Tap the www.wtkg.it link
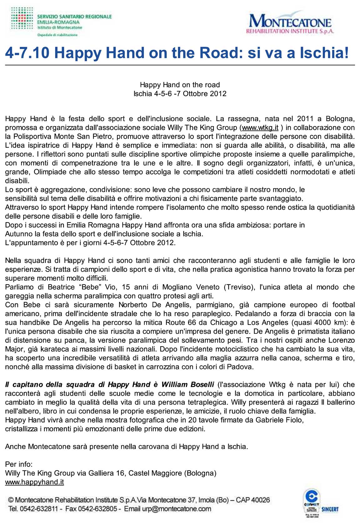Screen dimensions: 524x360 pos(260,128)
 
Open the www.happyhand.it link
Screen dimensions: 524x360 pos(34,482)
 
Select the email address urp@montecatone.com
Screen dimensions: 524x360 pos(176,509)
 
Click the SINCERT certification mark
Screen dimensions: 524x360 pos(330,509)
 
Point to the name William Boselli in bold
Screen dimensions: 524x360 pos(188,384)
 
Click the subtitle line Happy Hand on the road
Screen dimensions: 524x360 pos(180,85)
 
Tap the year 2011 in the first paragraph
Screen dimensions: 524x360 pos(305,119)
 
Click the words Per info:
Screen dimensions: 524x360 pos(19,464)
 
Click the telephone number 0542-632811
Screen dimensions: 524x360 pos(39,509)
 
